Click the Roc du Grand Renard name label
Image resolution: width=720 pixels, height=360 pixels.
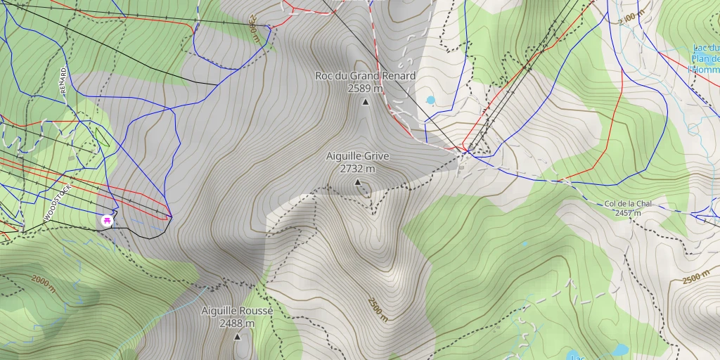365,75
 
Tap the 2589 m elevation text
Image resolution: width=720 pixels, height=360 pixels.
365,89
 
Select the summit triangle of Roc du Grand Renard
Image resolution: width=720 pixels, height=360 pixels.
365,103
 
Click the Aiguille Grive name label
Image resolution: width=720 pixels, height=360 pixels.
357,156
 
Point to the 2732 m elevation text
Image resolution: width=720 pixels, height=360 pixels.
357,169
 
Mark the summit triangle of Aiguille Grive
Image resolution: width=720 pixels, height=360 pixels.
357,183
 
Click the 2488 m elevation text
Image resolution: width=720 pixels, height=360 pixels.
237,323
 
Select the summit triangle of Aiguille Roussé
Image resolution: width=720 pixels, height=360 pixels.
237,337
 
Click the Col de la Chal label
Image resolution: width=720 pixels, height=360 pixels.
628,204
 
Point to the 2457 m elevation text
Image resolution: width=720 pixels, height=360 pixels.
628,213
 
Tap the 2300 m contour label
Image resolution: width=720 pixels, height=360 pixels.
253,32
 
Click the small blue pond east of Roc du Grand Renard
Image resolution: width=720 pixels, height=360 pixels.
430,101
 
